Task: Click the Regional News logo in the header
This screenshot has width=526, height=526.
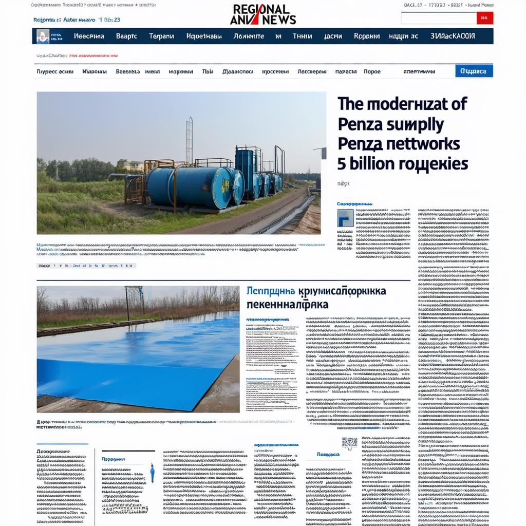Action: (263, 14)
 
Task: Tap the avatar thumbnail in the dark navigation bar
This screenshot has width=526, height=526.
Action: (43, 36)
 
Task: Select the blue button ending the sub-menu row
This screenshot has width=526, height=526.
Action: (474, 71)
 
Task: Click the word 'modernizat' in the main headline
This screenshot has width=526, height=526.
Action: (401, 104)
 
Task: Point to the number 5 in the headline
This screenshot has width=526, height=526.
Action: (342, 164)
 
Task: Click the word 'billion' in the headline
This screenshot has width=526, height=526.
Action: (371, 164)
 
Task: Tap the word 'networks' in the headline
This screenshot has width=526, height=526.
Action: (421, 144)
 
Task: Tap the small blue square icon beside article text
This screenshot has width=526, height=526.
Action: (345, 218)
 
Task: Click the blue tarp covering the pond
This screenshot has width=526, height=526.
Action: (134, 360)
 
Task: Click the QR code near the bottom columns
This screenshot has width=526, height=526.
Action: (349, 443)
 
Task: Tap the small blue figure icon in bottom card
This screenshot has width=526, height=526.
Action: (152, 473)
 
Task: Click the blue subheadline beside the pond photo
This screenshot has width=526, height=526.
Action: (316, 298)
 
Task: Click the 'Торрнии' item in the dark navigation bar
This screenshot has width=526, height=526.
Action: (367, 36)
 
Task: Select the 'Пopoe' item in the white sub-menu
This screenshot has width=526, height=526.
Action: (372, 71)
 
